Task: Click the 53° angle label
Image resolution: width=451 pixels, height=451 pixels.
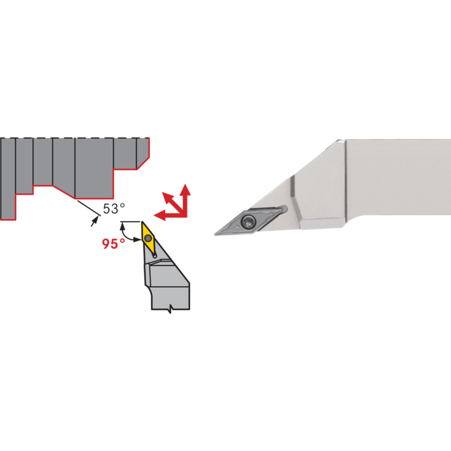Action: tap(114, 209)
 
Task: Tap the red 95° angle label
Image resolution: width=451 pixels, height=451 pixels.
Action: tap(113, 244)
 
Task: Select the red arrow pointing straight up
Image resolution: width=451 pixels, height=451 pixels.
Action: tap(186, 200)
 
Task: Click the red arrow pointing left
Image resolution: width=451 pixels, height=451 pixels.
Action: tap(170, 215)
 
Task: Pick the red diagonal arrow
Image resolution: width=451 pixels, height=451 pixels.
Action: tap(173, 202)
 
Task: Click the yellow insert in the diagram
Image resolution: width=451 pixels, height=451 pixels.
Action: tap(148, 238)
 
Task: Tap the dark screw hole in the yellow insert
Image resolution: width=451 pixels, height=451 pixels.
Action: tap(148, 238)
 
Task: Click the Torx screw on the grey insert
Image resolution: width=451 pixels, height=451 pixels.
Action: tap(247, 221)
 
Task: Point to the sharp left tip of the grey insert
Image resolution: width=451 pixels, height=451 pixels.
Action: tap(215, 235)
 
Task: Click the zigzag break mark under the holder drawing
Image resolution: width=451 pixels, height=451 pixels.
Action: tap(171, 309)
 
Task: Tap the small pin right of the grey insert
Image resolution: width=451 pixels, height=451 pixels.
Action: tap(283, 208)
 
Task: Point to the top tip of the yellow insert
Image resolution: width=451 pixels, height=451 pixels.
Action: tap(142, 222)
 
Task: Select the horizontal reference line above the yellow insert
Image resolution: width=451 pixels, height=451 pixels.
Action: tap(130, 222)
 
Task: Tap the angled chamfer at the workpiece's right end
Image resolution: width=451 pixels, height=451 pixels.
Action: tap(143, 164)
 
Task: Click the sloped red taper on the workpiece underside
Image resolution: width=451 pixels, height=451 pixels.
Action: tap(64, 192)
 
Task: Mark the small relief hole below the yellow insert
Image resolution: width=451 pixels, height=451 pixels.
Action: tap(155, 255)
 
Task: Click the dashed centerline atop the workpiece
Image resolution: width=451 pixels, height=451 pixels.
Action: tap(75, 138)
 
